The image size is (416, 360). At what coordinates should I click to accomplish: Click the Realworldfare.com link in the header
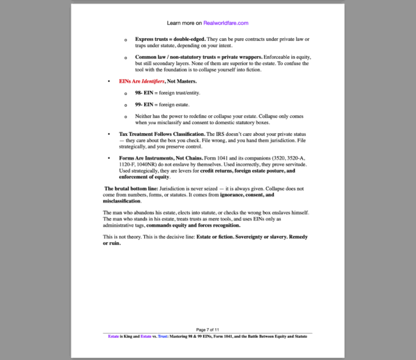[226, 23]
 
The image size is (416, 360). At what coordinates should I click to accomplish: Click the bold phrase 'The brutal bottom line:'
[130, 189]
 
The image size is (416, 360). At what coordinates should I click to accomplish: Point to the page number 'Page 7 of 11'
[208, 329]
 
